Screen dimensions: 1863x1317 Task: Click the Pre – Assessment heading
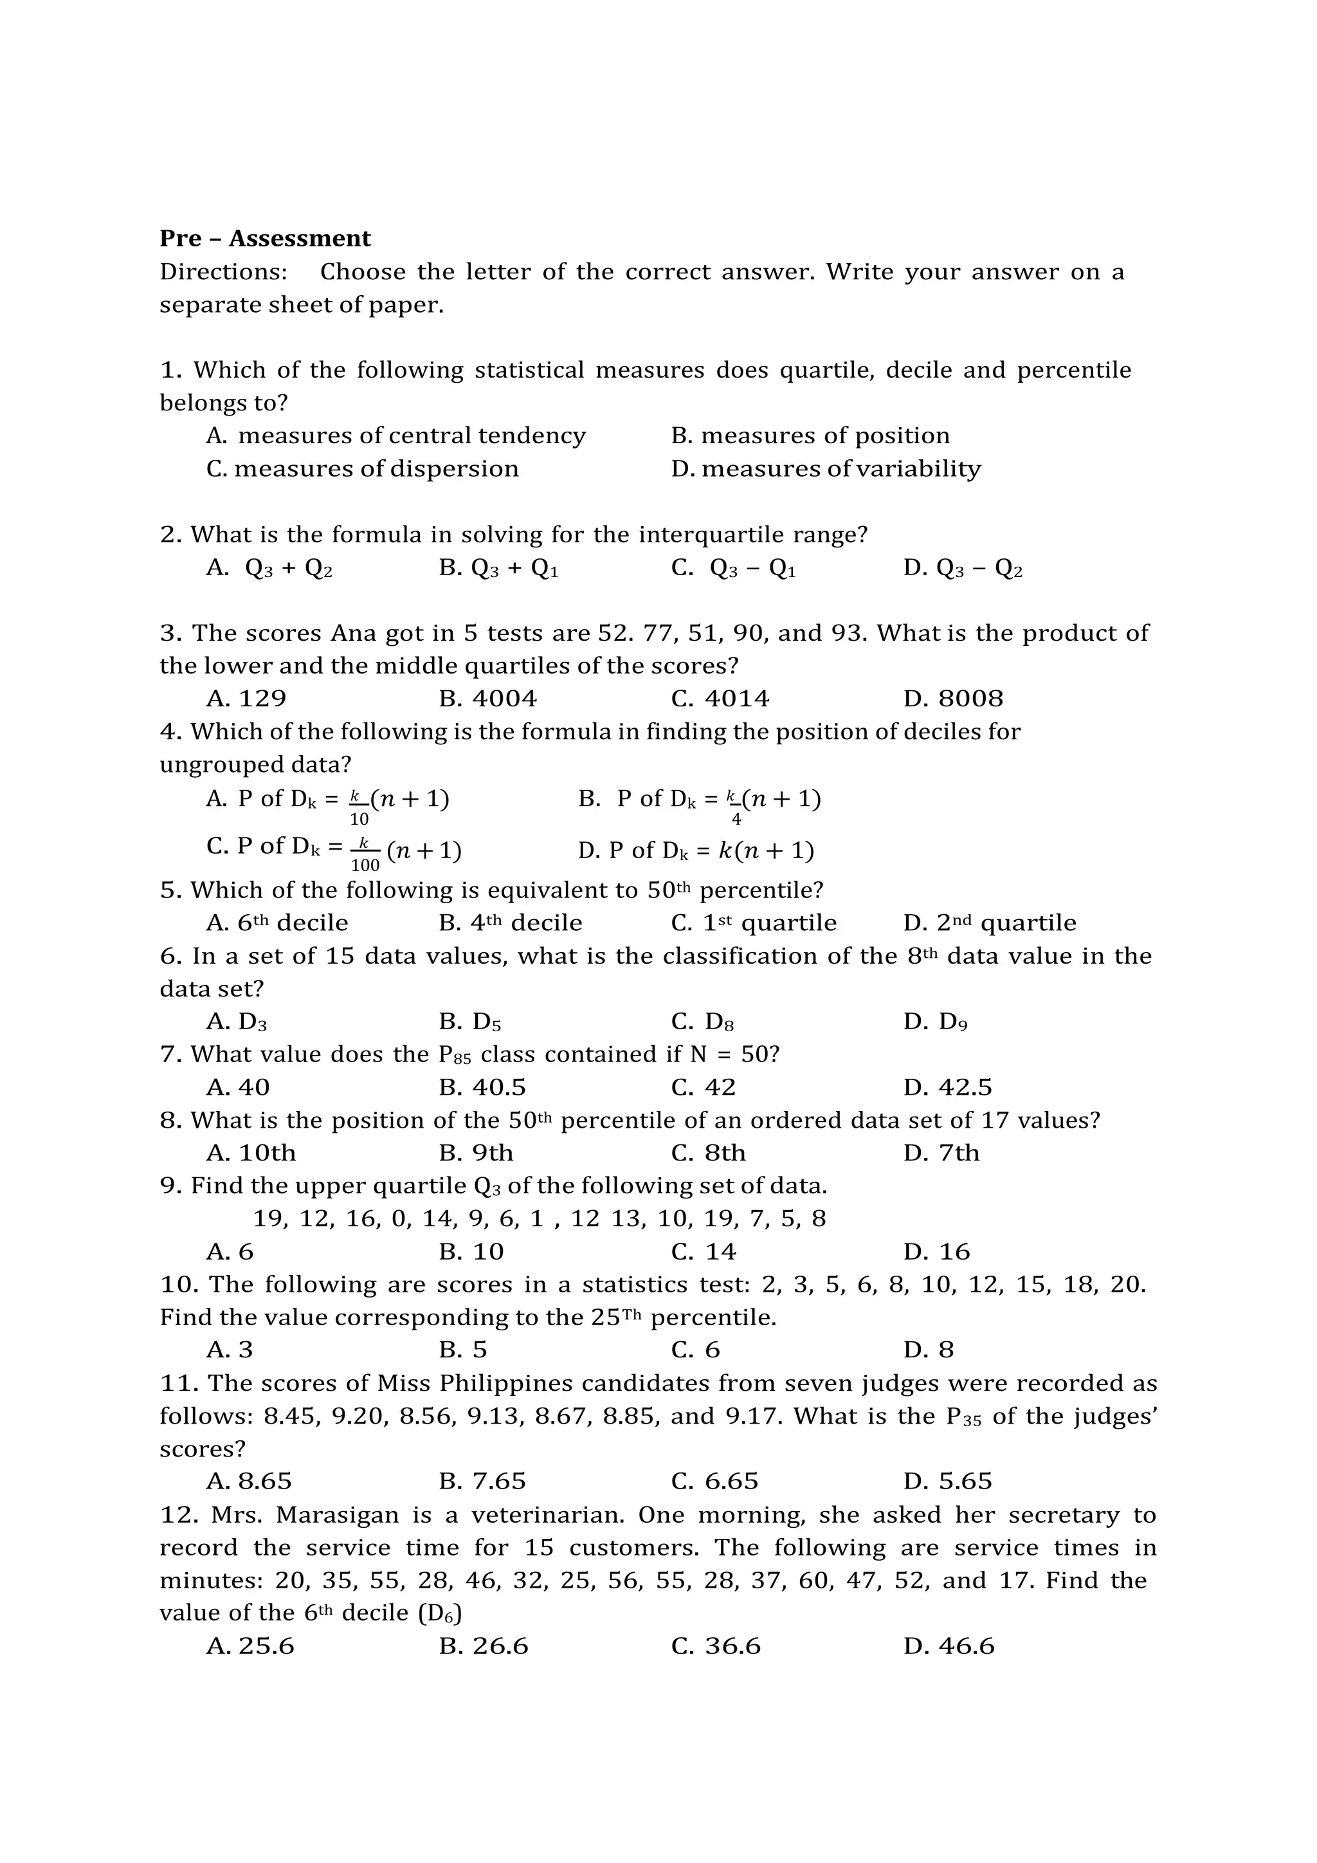tap(264, 239)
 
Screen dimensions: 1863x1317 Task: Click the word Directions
tap(223, 272)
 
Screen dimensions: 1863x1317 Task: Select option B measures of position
tap(810, 436)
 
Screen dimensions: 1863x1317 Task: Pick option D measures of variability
tap(826, 469)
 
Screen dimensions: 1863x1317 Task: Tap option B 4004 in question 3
tap(487, 699)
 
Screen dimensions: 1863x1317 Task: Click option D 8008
tap(953, 699)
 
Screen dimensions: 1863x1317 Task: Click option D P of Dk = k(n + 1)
tap(696, 850)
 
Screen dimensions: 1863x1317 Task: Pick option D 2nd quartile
tap(990, 922)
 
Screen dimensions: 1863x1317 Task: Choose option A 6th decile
tap(277, 922)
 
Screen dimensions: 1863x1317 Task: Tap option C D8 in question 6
tap(702, 1022)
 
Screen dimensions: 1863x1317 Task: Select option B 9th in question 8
tap(476, 1153)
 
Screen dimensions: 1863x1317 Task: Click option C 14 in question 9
tap(703, 1252)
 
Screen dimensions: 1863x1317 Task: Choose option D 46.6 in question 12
tap(949, 1646)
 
